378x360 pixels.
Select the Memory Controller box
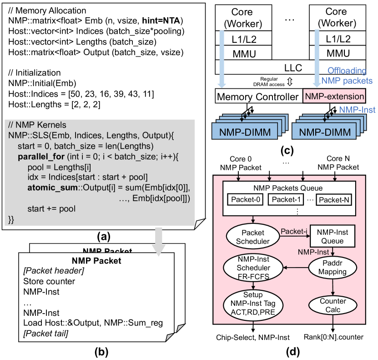click(x=258, y=96)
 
